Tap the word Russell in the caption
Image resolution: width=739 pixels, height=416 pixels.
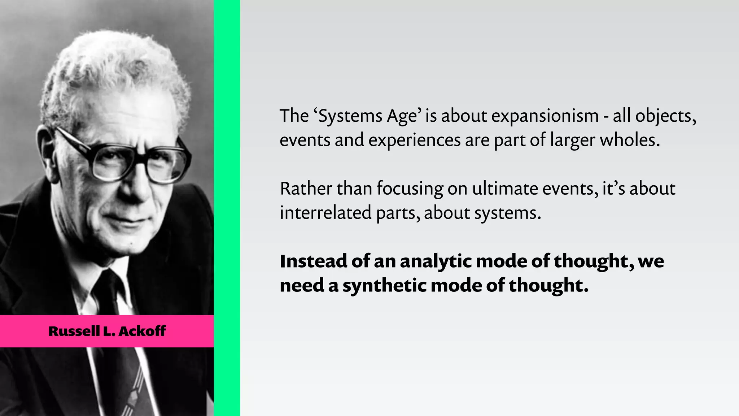click(x=74, y=331)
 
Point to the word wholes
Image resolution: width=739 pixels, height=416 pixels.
click(x=630, y=140)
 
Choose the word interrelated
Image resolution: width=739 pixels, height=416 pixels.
click(x=325, y=213)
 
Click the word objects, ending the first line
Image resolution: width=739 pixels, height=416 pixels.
click(x=665, y=117)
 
